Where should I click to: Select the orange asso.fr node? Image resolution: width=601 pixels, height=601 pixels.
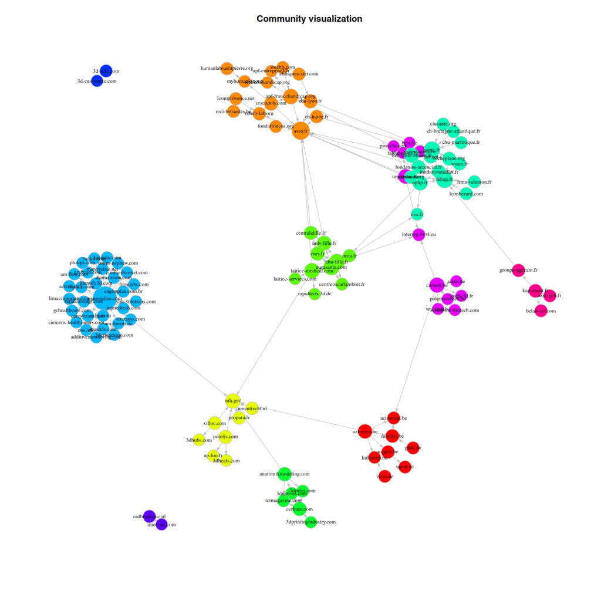coord(300,130)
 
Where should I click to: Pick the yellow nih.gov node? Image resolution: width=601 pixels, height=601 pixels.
coord(233,400)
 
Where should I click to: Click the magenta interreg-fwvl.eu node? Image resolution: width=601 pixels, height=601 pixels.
coord(419,234)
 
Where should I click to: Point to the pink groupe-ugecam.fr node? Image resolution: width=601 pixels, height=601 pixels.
coord(519,270)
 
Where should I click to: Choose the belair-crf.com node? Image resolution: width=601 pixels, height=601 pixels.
coord(541,310)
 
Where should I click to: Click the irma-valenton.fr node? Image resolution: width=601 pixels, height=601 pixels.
coord(474,182)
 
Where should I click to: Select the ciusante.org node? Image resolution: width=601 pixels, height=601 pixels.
coord(443,124)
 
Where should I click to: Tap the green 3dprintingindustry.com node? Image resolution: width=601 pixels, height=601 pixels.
coord(311,521)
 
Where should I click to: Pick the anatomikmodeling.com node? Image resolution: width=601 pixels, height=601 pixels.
coord(285,473)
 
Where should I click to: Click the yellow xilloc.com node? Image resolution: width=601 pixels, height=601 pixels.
coord(215,423)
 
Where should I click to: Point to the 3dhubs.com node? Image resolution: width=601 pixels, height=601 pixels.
coord(200,440)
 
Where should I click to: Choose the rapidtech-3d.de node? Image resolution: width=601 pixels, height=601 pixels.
coord(315,293)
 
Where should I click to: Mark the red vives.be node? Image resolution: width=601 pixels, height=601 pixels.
coord(384,477)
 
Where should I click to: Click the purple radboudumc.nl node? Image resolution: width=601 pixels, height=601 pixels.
coord(149,516)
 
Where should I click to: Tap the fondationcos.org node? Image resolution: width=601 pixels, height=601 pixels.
coord(276,126)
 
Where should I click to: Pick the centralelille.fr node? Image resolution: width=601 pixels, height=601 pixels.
coord(311,233)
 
